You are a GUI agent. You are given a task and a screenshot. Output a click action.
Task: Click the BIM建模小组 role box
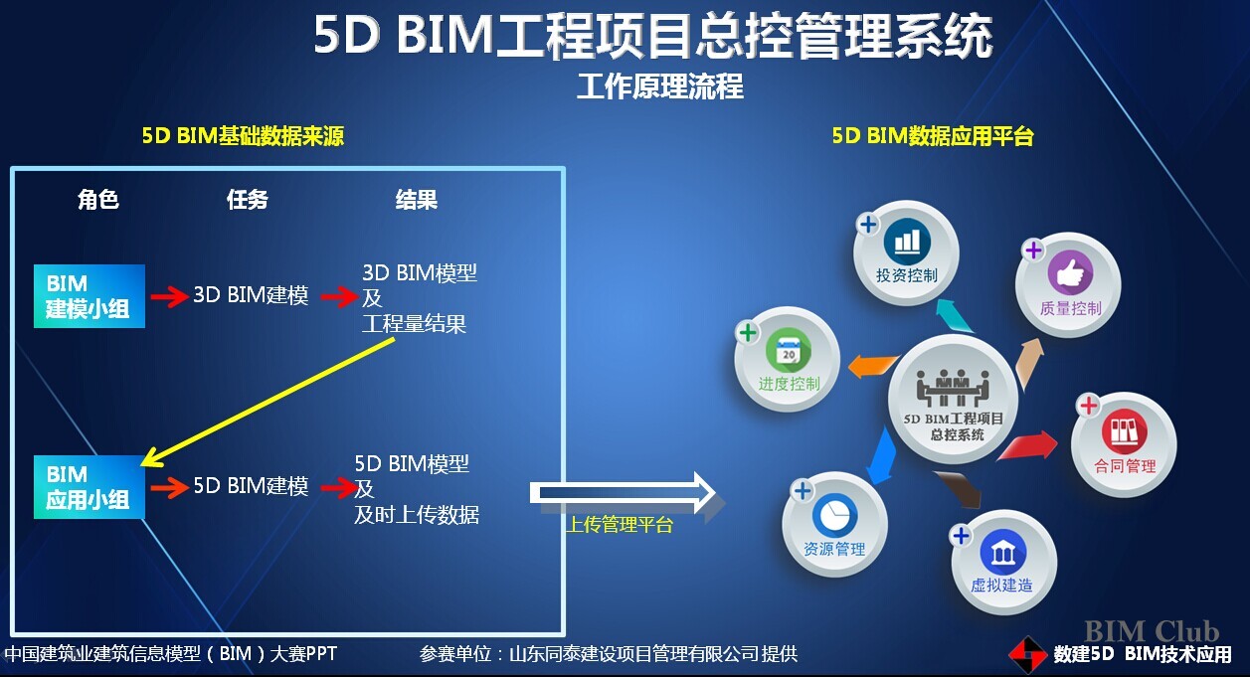pyautogui.click(x=89, y=296)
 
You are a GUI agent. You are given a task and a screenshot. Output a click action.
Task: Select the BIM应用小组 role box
pyautogui.click(x=89, y=487)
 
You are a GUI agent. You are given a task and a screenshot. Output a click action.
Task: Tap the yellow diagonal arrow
pyautogui.click(x=268, y=402)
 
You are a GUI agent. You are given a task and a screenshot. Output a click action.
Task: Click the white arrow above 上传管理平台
pyautogui.click(x=623, y=493)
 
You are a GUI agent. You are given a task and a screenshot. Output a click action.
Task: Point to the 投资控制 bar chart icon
pyautogui.click(x=907, y=242)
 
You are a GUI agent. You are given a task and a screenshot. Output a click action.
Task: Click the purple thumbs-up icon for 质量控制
pyautogui.click(x=1070, y=273)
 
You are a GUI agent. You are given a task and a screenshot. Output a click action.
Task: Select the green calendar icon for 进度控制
pyautogui.click(x=789, y=350)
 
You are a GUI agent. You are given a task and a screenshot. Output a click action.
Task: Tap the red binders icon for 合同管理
pyautogui.click(x=1125, y=432)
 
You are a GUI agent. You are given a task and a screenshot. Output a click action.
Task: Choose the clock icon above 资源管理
pyautogui.click(x=835, y=515)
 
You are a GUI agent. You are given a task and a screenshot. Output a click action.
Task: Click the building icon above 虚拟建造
pyautogui.click(x=1002, y=552)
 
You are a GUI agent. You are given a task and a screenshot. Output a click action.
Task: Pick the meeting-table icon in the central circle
pyautogui.click(x=953, y=387)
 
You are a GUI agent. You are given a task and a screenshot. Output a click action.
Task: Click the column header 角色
pyautogui.click(x=98, y=199)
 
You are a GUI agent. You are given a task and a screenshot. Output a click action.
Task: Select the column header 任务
pyautogui.click(x=248, y=199)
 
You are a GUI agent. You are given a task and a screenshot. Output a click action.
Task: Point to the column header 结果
pyautogui.click(x=417, y=199)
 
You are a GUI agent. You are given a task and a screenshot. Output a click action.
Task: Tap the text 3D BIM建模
pyautogui.click(x=251, y=295)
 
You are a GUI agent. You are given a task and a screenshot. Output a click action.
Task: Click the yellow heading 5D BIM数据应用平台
pyautogui.click(x=933, y=136)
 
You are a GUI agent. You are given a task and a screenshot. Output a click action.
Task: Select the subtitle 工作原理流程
pyautogui.click(x=659, y=86)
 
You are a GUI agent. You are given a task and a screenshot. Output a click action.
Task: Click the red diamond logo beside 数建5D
pyautogui.click(x=1027, y=655)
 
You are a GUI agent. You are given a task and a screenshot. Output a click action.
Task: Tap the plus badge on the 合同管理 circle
pyautogui.click(x=1088, y=406)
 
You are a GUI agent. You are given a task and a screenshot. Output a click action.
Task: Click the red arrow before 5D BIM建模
pyautogui.click(x=170, y=487)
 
